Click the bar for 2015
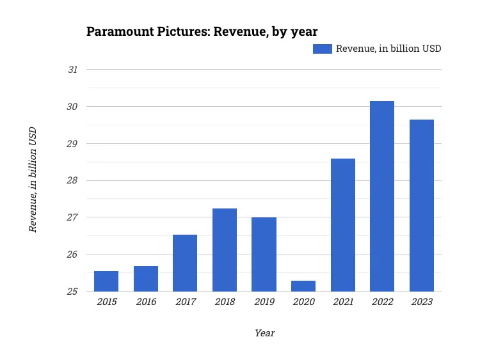[106, 281]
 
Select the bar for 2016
[146, 279]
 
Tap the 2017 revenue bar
[185, 263]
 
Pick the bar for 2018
[225, 250]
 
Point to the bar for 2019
[264, 254]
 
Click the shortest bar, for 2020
[303, 286]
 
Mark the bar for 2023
[422, 205]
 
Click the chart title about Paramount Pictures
[202, 31]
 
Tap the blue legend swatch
[322, 49]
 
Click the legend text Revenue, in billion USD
[388, 49]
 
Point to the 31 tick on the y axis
[73, 69]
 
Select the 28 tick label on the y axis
[73, 180]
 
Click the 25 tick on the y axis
[73, 292]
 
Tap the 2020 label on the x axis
[303, 302]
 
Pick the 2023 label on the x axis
[422, 302]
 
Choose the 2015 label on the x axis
[106, 302]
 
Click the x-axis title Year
[264, 333]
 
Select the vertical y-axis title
[33, 179]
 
